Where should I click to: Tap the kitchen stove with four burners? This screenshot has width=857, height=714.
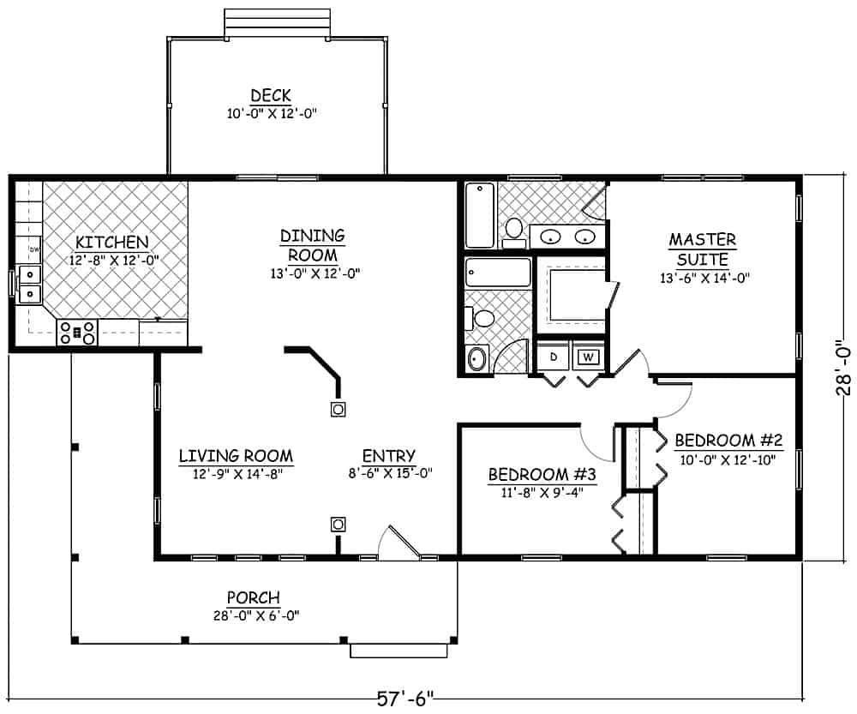coord(77,333)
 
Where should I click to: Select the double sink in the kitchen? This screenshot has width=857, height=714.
coord(30,285)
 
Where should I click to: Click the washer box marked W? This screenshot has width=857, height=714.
coord(588,356)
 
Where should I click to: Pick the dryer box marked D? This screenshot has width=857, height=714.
coord(553,356)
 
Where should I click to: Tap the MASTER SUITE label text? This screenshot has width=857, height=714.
coord(702,249)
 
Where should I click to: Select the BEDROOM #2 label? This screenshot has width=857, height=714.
coord(728,441)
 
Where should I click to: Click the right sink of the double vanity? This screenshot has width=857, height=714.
coord(585,237)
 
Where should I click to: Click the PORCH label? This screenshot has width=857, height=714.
coord(253,597)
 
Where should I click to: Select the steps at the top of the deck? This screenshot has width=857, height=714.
coord(276,24)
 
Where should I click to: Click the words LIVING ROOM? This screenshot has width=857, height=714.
coord(236,456)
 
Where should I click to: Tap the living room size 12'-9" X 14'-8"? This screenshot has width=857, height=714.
coord(236,473)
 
